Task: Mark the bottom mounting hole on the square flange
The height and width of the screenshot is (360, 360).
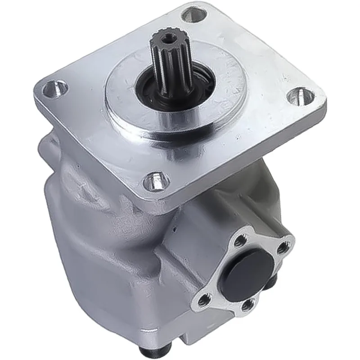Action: tap(154, 181)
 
